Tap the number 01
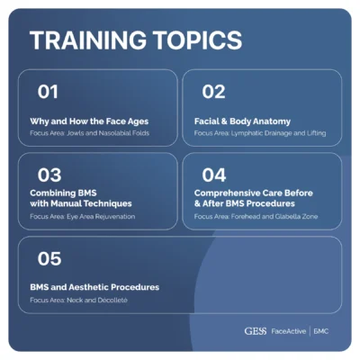pyautogui.click(x=48, y=91)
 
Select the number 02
pyautogui.click(x=213, y=91)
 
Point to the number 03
pyautogui.click(x=49, y=175)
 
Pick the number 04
pyautogui.click(x=213, y=175)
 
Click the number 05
pyautogui.click(x=49, y=259)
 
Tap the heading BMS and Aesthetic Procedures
pyautogui.click(x=94, y=287)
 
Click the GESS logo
pyautogui.click(x=256, y=330)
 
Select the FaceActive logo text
pyautogui.click(x=288, y=330)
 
